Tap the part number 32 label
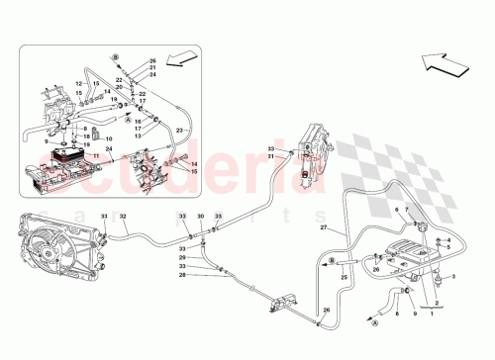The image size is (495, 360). pos(123,217)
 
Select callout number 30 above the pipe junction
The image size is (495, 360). pos(200,217)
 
